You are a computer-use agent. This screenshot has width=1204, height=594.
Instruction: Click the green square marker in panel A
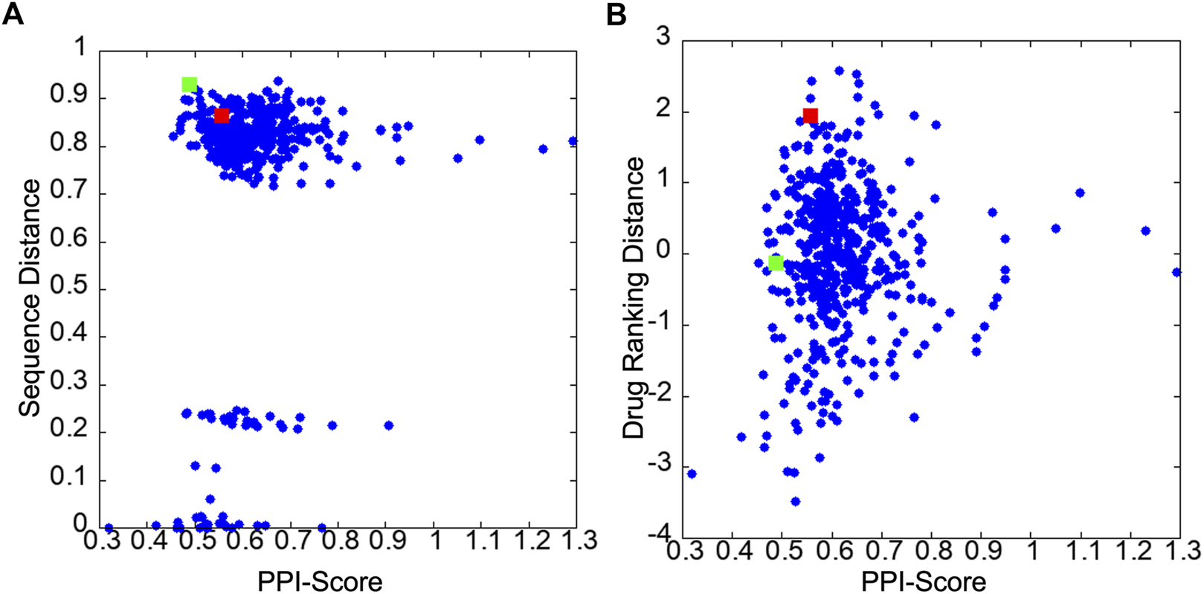pyautogui.click(x=190, y=85)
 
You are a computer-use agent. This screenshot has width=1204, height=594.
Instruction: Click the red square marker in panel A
pyautogui.click(x=222, y=116)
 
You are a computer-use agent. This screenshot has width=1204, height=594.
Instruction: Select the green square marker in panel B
pyautogui.click(x=776, y=263)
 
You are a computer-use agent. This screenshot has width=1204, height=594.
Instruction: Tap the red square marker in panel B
pyautogui.click(x=811, y=115)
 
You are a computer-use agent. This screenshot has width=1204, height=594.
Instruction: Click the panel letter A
pyautogui.click(x=13, y=14)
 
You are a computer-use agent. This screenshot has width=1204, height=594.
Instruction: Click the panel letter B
pyautogui.click(x=617, y=14)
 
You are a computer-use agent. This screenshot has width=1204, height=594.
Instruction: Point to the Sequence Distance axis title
pyautogui.click(x=30, y=297)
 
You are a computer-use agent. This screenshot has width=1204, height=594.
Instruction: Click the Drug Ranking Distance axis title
pyautogui.click(x=634, y=297)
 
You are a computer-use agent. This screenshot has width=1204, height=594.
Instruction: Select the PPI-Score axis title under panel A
pyautogui.click(x=320, y=581)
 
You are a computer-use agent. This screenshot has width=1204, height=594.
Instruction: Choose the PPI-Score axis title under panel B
pyautogui.click(x=924, y=581)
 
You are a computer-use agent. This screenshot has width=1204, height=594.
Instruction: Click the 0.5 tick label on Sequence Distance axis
pyautogui.click(x=68, y=288)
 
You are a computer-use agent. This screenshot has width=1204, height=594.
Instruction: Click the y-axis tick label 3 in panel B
pyautogui.click(x=663, y=37)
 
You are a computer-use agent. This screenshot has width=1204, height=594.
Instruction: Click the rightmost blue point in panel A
pyautogui.click(x=573, y=141)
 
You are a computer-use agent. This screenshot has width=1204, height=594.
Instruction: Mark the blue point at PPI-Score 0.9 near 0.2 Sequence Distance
pyautogui.click(x=388, y=425)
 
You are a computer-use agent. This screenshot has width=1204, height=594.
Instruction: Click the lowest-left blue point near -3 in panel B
pyautogui.click(x=692, y=474)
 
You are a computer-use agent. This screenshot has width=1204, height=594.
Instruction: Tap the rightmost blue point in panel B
pyautogui.click(x=1176, y=272)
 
